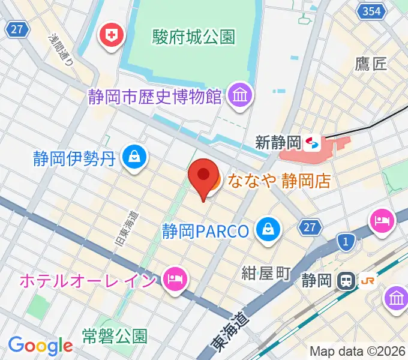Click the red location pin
click(203, 175)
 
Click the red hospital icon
click(111, 35)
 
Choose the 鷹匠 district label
click(370, 64)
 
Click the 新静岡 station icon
click(312, 143)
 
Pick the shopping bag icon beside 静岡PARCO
click(266, 229)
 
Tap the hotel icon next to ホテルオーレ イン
click(175, 279)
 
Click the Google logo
click(40, 346)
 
